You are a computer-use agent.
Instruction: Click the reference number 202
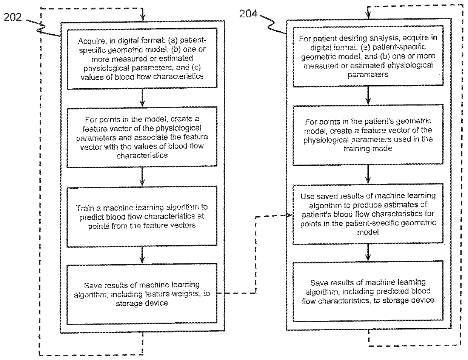(x=13, y=18)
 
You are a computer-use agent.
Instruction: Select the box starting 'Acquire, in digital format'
(x=142, y=58)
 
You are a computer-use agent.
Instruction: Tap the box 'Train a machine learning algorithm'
(x=142, y=216)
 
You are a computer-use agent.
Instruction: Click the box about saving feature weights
(x=142, y=294)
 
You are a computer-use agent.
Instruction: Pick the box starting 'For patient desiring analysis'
(x=368, y=56)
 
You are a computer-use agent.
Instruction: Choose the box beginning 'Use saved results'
(x=368, y=214)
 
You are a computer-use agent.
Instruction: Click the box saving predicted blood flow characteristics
(x=368, y=292)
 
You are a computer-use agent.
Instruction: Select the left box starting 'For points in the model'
(x=142, y=137)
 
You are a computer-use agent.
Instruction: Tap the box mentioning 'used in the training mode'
(x=368, y=135)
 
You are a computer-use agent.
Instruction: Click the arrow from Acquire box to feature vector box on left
(x=142, y=99)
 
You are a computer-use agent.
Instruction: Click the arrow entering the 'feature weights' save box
(x=142, y=255)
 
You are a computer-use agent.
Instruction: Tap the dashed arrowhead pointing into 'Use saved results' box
(x=289, y=215)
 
